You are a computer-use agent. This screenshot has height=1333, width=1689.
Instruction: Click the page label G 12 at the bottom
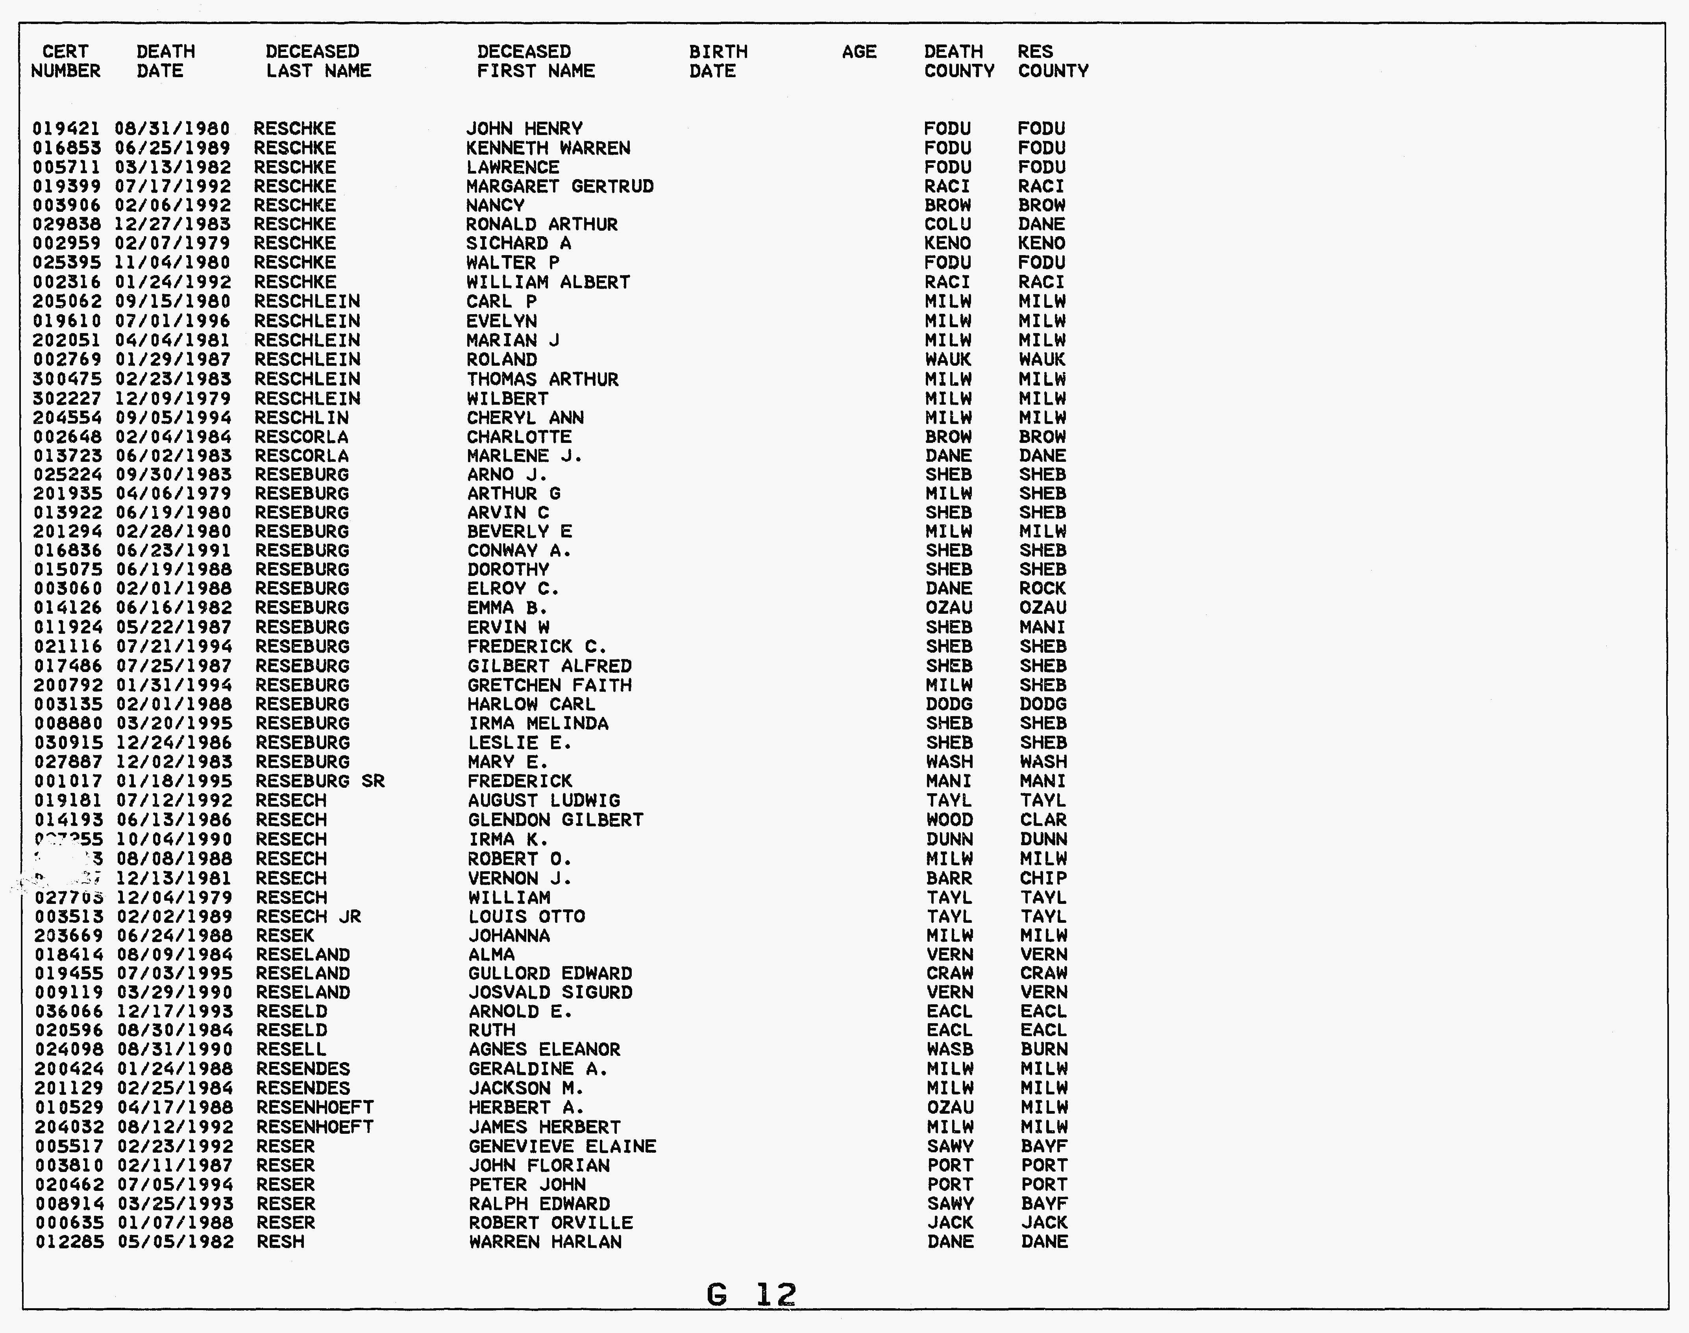751,1295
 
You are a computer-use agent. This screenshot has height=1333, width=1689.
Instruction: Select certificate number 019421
66,129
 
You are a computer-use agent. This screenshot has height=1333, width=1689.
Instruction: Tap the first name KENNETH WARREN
548,148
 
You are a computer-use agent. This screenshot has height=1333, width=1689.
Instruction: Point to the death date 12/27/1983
172,225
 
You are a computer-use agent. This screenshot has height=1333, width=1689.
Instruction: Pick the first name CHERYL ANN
525,418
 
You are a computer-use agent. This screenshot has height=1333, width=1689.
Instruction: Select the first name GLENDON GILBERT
555,820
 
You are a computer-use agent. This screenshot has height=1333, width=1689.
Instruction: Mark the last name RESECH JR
308,916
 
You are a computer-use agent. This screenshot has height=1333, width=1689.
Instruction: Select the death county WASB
949,1050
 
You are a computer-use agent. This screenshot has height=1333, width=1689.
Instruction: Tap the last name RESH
280,1242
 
